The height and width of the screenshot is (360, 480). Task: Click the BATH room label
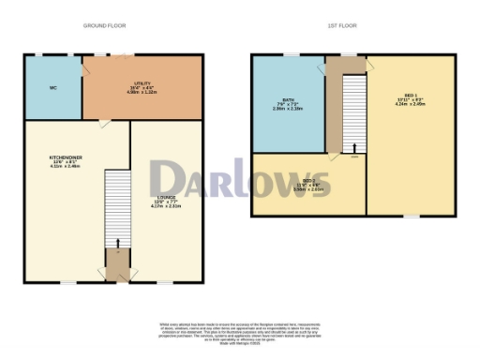(289, 103)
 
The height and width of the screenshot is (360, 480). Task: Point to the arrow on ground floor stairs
(118, 246)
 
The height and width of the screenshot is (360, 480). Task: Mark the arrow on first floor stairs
(354, 147)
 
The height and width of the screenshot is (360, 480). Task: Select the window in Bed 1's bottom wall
(410, 216)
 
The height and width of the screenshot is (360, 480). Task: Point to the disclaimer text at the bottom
(240, 331)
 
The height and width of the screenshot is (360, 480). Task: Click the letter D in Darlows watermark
(169, 179)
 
